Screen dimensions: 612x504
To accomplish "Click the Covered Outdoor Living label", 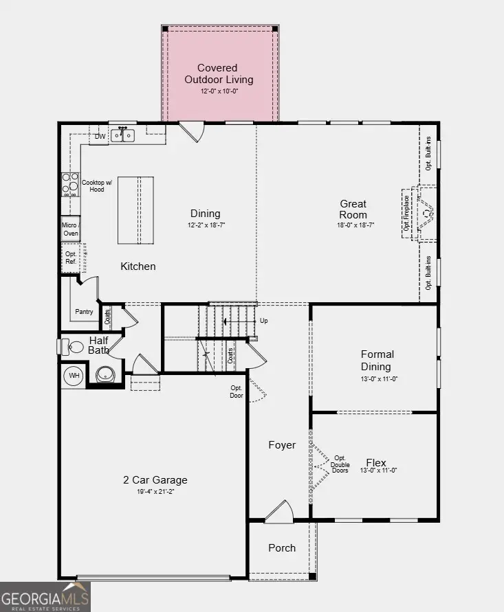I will (218, 74).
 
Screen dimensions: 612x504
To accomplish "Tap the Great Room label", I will (353, 209).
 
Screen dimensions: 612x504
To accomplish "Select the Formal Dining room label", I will (377, 361).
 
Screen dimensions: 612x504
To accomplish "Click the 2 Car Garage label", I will (155, 480).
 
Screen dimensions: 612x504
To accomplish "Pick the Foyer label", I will (282, 445).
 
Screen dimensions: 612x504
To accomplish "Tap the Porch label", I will (282, 547).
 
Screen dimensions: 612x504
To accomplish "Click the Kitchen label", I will (138, 267).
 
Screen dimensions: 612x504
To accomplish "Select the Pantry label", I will (84, 312).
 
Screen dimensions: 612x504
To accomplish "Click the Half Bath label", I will (98, 345).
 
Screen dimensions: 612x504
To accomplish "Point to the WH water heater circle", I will (74, 376).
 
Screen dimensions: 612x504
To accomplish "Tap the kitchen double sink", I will (123, 136).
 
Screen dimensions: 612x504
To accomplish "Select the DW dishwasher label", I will (100, 137).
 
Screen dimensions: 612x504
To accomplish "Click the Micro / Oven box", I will (70, 229).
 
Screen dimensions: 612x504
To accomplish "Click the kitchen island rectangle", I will (135, 209).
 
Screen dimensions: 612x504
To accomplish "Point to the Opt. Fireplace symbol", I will (421, 214).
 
